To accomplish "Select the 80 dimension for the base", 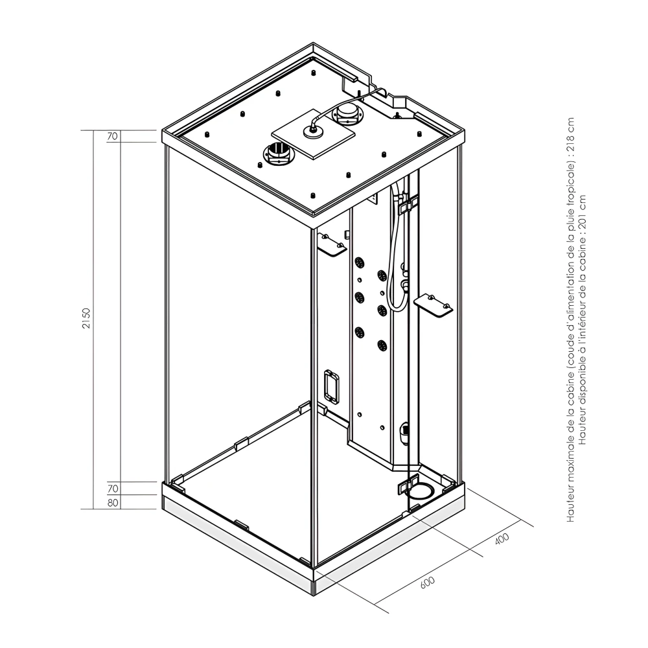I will [x=113, y=503].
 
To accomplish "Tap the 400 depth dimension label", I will [x=502, y=539].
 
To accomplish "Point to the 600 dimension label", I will [x=427, y=581].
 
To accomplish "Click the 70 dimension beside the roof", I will [x=113, y=137].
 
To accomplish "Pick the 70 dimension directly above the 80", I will [x=113, y=488].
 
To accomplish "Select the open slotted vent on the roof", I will [x=278, y=156].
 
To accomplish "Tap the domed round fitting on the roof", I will [x=349, y=115].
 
